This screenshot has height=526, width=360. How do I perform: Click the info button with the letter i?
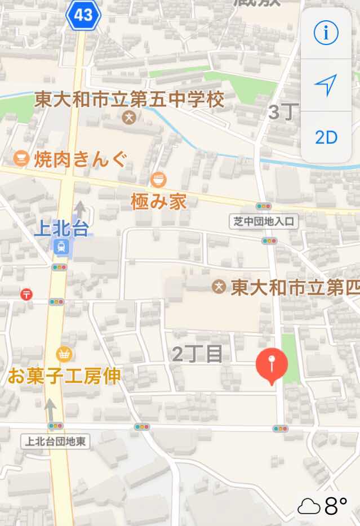point(326,33)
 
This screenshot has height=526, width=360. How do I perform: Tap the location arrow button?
point(326,84)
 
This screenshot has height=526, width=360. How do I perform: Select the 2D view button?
point(326,137)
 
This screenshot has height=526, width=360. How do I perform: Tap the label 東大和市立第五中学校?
point(129,100)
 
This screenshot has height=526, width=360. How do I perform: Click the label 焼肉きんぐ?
point(79,158)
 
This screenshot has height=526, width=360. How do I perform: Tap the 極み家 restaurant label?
point(158,201)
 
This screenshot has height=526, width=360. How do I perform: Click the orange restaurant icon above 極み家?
point(159,180)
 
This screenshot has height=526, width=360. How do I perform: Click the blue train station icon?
point(60,246)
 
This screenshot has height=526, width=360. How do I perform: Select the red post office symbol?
point(26,293)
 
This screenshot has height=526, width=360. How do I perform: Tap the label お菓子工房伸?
point(64,375)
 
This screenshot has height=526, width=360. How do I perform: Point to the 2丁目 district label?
point(197,354)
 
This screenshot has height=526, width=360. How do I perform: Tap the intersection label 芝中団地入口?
point(264,221)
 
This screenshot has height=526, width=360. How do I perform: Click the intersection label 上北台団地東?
point(55,441)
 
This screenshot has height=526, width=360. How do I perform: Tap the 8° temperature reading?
point(336,506)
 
